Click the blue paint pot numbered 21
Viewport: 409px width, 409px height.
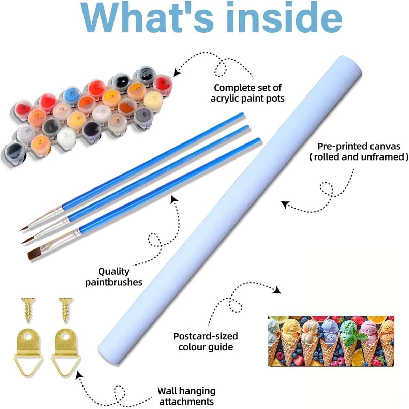[x=72, y=94]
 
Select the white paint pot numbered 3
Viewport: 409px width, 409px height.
[x=66, y=136]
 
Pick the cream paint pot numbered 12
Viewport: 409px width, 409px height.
[x=153, y=99]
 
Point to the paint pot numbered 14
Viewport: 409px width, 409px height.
[x=62, y=110]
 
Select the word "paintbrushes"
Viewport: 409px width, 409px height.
[x=114, y=282]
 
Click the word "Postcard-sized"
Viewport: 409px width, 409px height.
[x=206, y=336]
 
